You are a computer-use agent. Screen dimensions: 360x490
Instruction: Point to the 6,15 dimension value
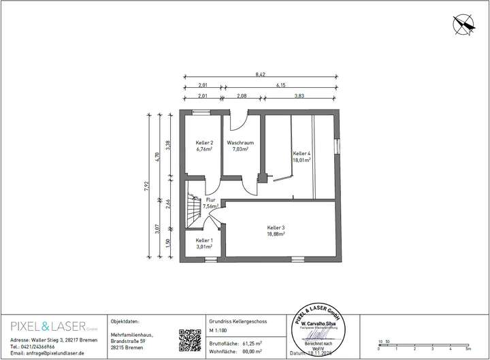pyautogui.click(x=281, y=86)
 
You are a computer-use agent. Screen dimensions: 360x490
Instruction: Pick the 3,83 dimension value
pyautogui.click(x=299, y=97)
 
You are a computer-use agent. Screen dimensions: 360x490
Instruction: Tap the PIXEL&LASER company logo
pyautogui.click(x=48, y=325)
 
